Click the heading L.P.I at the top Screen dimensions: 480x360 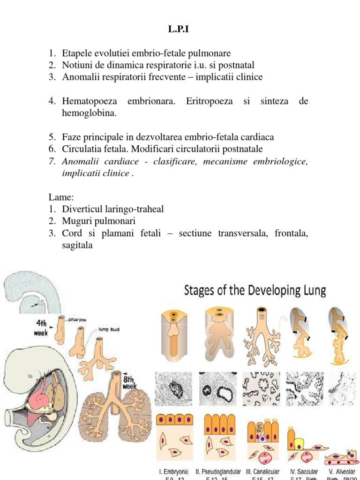(180, 30)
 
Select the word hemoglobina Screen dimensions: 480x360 (89, 113)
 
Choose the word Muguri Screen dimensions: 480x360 (76, 221)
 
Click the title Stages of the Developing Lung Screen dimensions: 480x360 (255, 291)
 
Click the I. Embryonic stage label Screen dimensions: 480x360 (174, 471)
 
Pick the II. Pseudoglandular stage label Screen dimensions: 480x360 (218, 471)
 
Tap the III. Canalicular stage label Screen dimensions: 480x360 (262, 471)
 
